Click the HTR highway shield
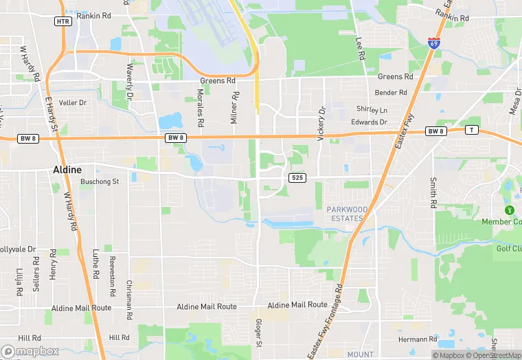point(63,21)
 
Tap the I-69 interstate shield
point(433,42)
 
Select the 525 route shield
point(297,178)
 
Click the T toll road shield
point(471,130)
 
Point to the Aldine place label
point(67,169)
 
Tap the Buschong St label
point(100,182)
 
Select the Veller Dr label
point(73,102)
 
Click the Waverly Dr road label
point(128,80)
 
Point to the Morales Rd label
point(201,106)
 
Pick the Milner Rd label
point(235,107)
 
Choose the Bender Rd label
point(391,92)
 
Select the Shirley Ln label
point(372,110)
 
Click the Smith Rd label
point(433,193)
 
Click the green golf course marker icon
point(509,210)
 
